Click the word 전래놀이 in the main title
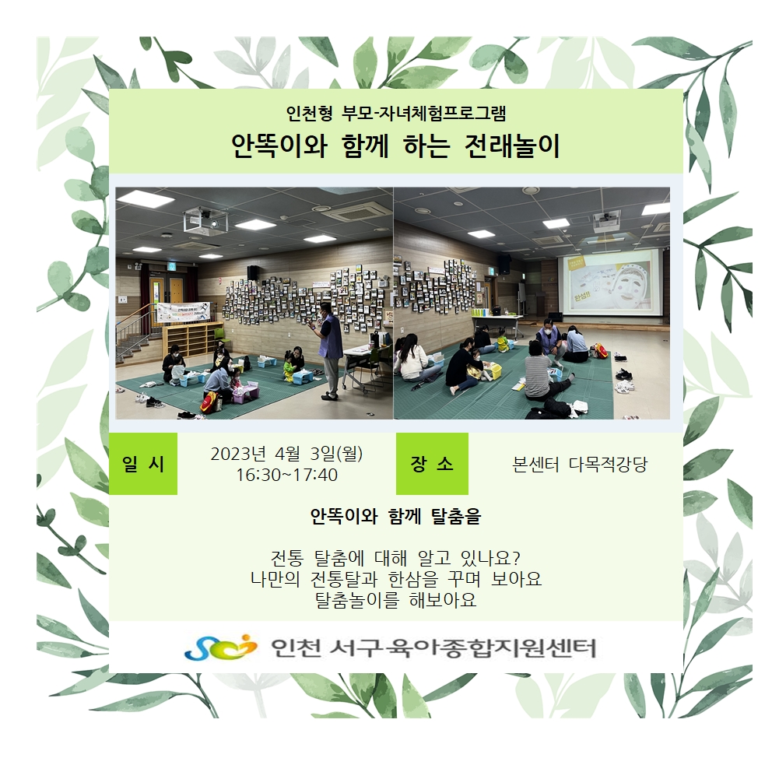(512, 146)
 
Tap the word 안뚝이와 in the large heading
(279, 146)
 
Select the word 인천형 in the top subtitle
(310, 114)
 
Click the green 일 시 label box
(142, 464)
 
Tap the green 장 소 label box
(432, 464)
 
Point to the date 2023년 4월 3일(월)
(286, 454)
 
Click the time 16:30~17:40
(286, 475)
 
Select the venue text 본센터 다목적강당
(580, 465)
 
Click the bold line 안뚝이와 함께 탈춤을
(395, 517)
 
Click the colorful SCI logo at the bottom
(220, 647)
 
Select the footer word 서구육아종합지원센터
(463, 648)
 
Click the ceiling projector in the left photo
(205, 219)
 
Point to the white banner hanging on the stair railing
(183, 312)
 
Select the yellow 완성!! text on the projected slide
(582, 298)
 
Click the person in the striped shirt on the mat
(544, 376)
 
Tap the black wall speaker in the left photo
(253, 272)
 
